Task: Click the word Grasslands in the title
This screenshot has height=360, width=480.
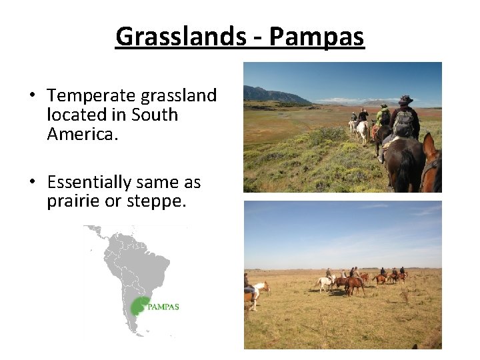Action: tap(176, 37)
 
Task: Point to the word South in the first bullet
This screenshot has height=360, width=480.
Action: tap(155, 115)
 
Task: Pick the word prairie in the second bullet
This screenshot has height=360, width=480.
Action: tap(73, 201)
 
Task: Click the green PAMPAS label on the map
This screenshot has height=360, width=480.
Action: tap(163, 307)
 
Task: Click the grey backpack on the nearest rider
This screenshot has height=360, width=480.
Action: tap(403, 123)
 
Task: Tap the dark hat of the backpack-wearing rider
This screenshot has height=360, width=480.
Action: tap(405, 100)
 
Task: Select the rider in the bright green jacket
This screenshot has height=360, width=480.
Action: tap(383, 117)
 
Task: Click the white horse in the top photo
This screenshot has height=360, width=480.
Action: tap(361, 130)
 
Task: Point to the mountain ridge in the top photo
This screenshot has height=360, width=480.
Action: tap(273, 95)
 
